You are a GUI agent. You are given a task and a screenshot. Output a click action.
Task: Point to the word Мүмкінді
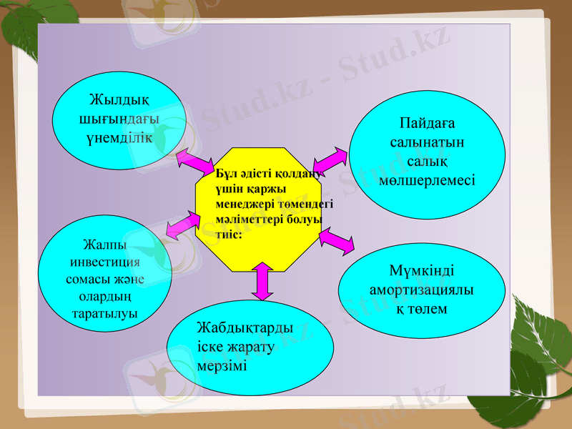point(422,272)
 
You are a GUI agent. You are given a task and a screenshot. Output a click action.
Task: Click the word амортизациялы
point(422,290)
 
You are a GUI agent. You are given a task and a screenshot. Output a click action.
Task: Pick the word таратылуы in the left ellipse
point(105,313)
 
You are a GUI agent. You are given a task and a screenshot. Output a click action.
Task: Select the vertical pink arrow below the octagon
point(262,281)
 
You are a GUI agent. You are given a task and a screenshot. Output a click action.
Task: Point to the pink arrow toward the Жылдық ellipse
point(194,161)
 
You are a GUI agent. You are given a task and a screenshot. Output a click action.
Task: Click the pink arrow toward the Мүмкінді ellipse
point(336,241)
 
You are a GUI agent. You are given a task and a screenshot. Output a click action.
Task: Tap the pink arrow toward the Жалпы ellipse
point(182,222)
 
